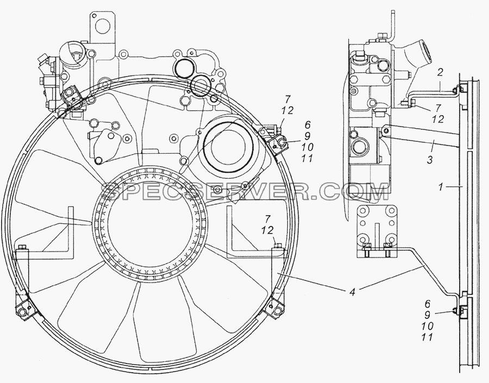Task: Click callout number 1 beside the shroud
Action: pos(441,187)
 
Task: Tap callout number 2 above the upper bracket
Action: pos(440,73)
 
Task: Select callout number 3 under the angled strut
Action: pos(430,160)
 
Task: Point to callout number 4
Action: pos(352,292)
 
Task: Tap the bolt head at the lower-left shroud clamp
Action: pos(21,312)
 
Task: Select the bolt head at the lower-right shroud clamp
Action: pos(277,311)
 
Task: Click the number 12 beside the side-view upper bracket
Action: pos(438,119)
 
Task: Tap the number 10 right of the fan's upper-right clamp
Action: pos(308,147)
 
